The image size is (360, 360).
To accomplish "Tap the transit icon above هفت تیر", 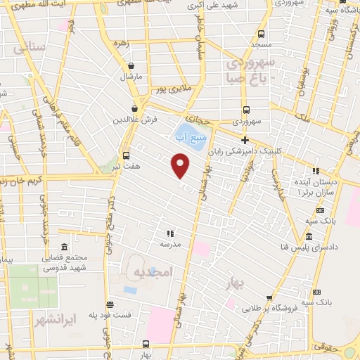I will [x=126, y=155].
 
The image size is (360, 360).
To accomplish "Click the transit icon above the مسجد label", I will [x=262, y=34].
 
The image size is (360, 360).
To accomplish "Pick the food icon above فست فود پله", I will [x=110, y=304].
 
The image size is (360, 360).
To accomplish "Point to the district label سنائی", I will [x=29, y=49].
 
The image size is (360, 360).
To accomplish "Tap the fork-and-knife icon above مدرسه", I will [x=169, y=233].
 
